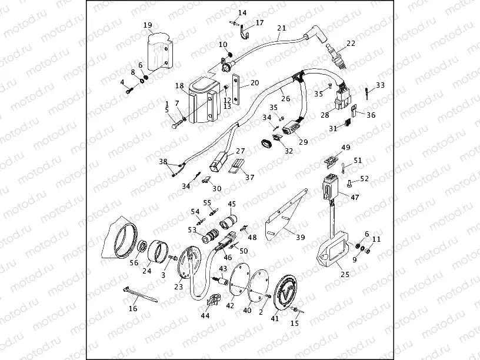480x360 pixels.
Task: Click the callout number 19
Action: click(148, 25)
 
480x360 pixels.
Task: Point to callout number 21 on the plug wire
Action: click(281, 28)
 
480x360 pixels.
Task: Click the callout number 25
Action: click(345, 275)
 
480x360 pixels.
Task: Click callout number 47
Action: click(355, 198)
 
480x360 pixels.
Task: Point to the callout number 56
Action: click(134, 263)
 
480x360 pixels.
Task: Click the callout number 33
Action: click(381, 85)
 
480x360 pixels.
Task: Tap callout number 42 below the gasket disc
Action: click(230, 305)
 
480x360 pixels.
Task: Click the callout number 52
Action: click(364, 178)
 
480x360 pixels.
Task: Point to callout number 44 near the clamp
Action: click(205, 316)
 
